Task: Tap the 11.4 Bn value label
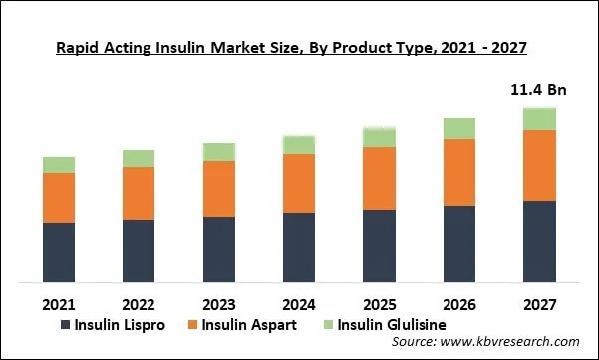click(538, 90)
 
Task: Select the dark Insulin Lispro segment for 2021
click(59, 252)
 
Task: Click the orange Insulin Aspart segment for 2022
click(139, 193)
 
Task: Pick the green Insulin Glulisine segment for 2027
click(539, 119)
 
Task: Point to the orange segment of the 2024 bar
click(299, 183)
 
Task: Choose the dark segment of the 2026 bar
click(459, 244)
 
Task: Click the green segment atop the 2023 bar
click(219, 152)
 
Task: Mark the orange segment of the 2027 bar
click(539, 166)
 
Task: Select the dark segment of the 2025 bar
click(379, 246)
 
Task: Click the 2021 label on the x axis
click(59, 303)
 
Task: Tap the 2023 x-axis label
click(219, 303)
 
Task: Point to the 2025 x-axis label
click(379, 303)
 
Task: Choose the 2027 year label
click(539, 303)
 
